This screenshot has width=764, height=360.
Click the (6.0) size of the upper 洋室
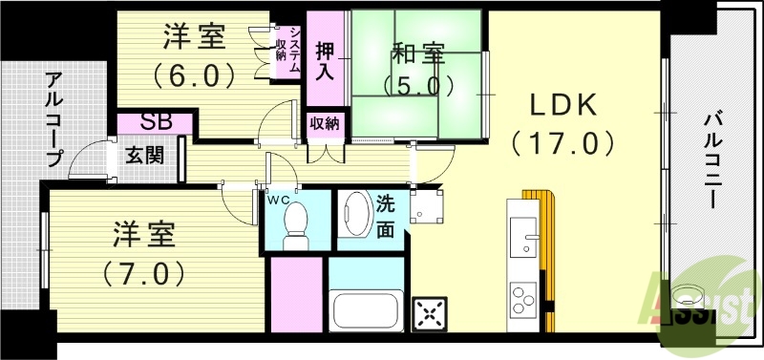193,74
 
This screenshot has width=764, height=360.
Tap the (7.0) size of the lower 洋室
143,273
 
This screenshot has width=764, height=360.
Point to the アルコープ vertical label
52,119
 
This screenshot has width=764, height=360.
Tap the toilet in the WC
297,221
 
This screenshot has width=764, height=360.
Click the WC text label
278,199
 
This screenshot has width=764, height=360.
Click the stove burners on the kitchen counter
523,300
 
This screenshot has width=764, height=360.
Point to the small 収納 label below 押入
325,122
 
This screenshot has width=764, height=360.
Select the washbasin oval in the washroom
354,214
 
